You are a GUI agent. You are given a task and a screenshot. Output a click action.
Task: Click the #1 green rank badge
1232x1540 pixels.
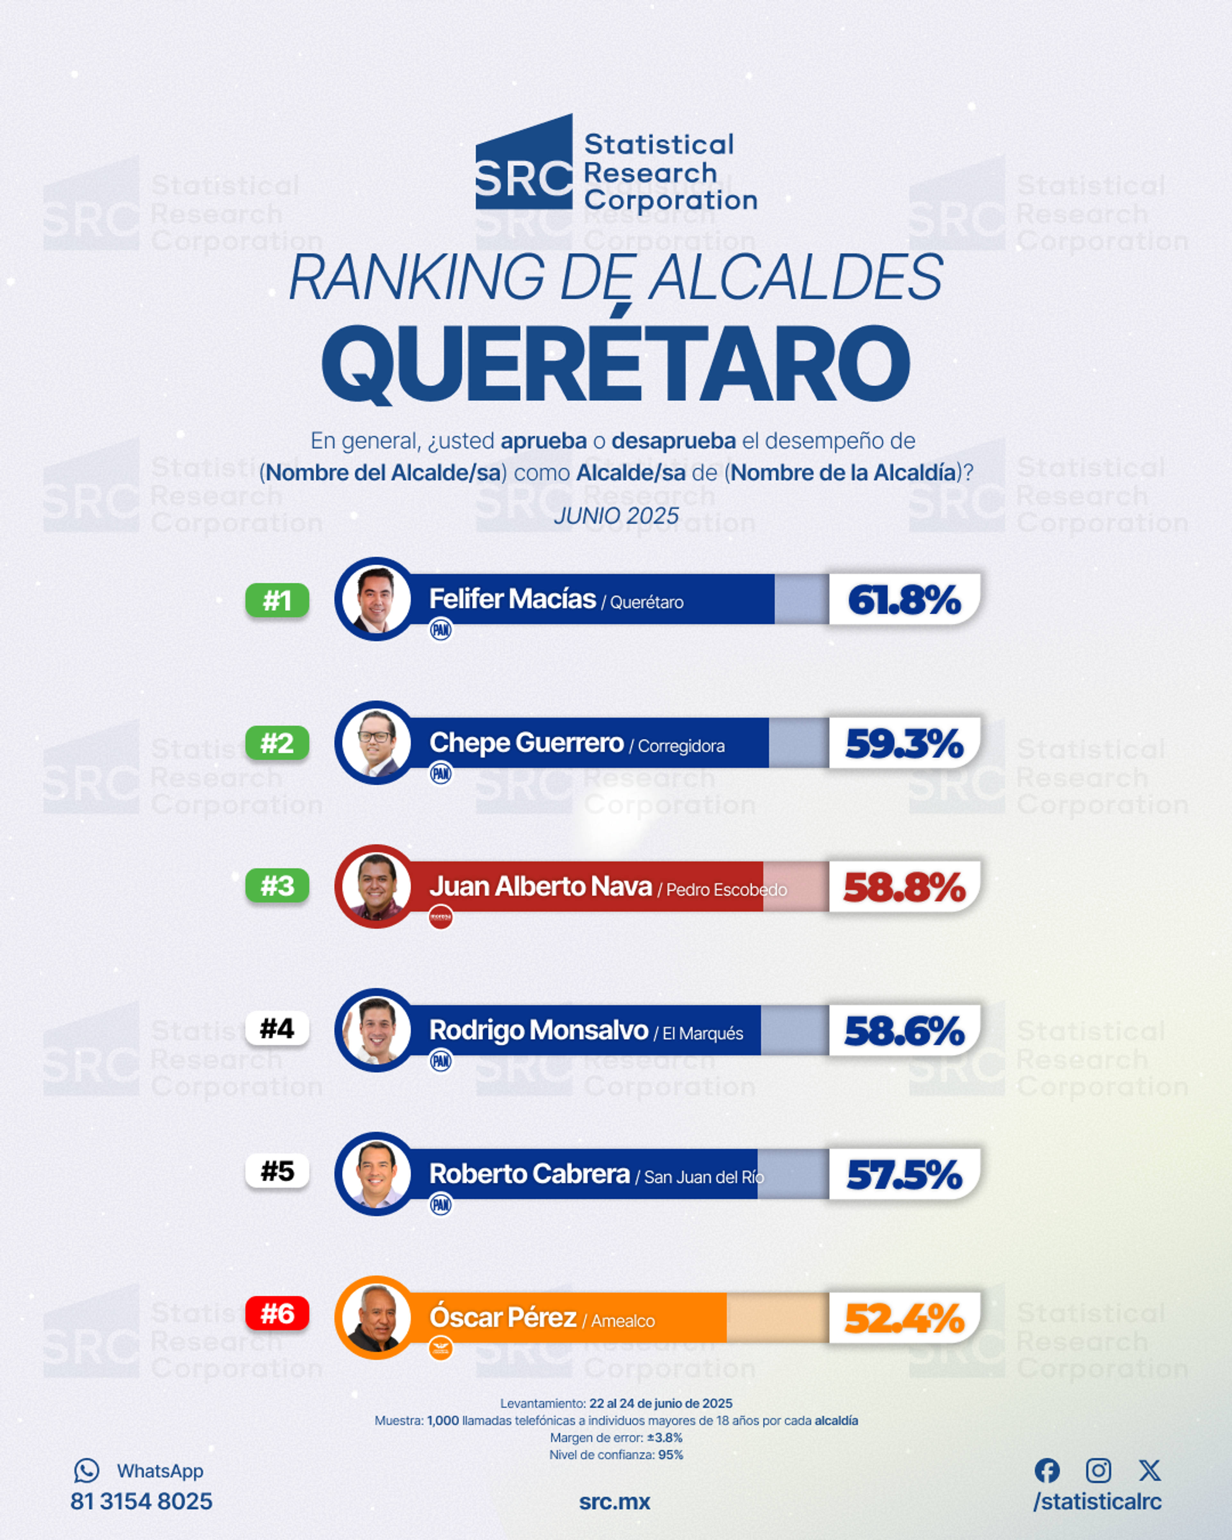tap(277, 600)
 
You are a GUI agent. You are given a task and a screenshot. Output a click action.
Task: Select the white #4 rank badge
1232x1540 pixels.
tap(277, 1029)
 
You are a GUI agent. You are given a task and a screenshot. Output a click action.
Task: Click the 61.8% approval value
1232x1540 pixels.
tap(904, 600)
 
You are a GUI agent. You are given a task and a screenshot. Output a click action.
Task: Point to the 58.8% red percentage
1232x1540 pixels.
tap(904, 887)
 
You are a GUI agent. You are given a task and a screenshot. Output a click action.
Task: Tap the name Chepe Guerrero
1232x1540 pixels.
tap(526, 743)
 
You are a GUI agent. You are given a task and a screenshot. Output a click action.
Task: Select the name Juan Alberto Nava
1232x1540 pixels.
tap(541, 886)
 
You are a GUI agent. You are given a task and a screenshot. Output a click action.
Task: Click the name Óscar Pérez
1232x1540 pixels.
tap(503, 1317)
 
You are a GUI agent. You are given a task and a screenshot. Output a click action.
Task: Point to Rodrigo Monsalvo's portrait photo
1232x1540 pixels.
tap(376, 1030)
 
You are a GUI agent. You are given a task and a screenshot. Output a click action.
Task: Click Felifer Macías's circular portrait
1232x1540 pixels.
tap(376, 599)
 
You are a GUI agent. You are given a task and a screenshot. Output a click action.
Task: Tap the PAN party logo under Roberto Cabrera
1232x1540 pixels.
tap(441, 1205)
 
